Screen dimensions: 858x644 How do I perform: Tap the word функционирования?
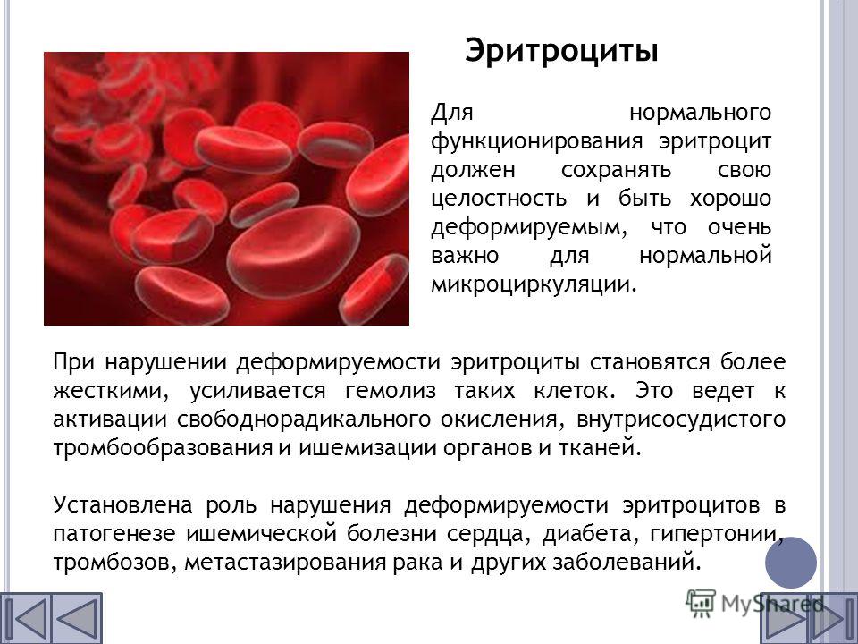click(537, 142)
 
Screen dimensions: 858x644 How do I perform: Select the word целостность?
click(499, 199)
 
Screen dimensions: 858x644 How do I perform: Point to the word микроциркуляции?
click(534, 284)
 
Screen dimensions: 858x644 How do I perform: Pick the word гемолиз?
click(391, 392)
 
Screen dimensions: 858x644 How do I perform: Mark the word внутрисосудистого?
click(681, 419)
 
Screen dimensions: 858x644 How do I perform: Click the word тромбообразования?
click(163, 448)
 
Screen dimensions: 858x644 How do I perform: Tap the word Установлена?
click(123, 504)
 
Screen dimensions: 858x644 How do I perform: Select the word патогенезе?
click(114, 534)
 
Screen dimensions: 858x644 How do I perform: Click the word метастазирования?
click(285, 563)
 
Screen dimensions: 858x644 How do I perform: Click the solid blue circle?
click(791, 563)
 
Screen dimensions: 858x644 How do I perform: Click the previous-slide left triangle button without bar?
click(77, 619)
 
